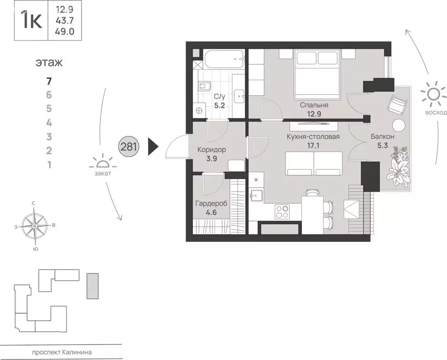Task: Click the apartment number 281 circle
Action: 128,147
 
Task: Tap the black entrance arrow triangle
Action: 153,147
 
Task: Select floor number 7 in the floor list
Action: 49,81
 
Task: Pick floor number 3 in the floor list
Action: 49,137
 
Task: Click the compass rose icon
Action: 35,226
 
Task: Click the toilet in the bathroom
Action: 204,86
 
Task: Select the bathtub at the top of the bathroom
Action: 223,60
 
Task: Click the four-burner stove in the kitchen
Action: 282,212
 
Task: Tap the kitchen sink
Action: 256,195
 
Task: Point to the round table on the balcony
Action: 398,125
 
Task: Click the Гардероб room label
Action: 211,203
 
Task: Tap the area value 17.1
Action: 313,146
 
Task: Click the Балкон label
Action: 382,136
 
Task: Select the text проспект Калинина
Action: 61,352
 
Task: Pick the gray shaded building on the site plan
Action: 92,286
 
